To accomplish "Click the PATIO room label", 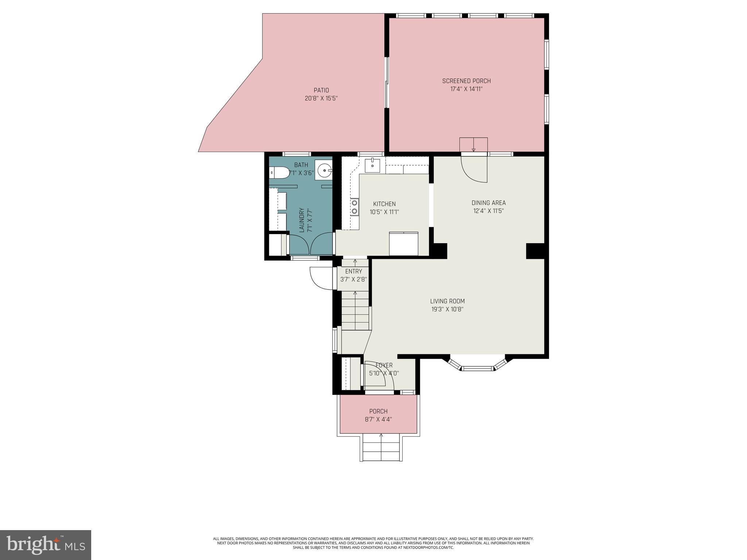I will pyautogui.click(x=321, y=90).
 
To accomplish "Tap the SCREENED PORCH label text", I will pyautogui.click(x=466, y=81).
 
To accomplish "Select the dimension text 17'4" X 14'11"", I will pyautogui.click(x=466, y=89).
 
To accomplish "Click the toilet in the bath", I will pyautogui.click(x=279, y=172).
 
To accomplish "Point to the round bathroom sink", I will pyautogui.click(x=324, y=170).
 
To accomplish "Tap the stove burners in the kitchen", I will pyautogui.click(x=354, y=207).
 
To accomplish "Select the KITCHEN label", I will pyautogui.click(x=384, y=204).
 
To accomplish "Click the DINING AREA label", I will pyautogui.click(x=488, y=203).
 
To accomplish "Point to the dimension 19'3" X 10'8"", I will pyautogui.click(x=447, y=310).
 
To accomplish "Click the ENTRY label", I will pyautogui.click(x=353, y=271).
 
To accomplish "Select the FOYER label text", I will pyautogui.click(x=384, y=365).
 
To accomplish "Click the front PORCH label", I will pyautogui.click(x=378, y=411).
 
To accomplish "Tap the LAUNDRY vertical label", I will pyautogui.click(x=302, y=220).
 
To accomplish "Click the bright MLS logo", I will pyautogui.click(x=46, y=545).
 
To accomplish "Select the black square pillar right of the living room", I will pyautogui.click(x=535, y=251).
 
